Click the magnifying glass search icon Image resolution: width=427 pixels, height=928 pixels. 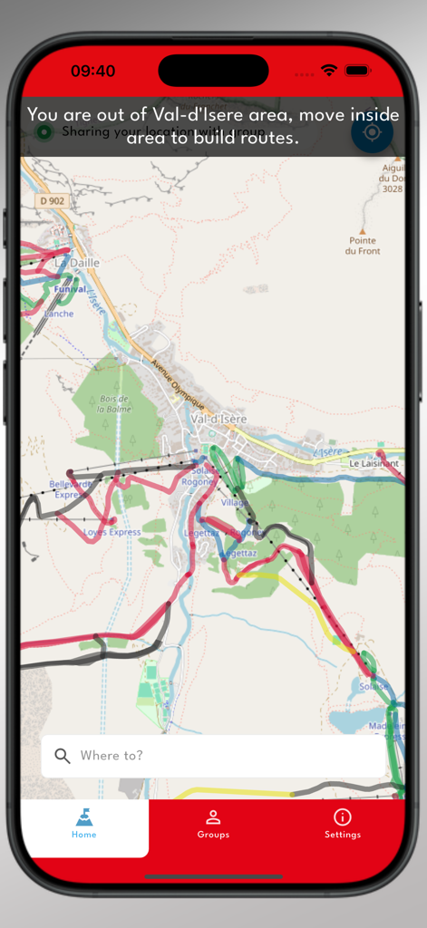click(x=63, y=756)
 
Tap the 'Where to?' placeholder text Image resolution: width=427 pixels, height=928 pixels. click(x=112, y=756)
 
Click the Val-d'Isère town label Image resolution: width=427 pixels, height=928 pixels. click(x=218, y=419)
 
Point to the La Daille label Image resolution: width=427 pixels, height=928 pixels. click(x=77, y=263)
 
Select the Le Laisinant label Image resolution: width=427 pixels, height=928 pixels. click(x=374, y=463)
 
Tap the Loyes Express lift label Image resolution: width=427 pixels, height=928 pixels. click(x=112, y=532)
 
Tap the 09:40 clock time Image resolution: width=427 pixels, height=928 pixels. click(x=92, y=71)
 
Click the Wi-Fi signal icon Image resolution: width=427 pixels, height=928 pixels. click(x=329, y=71)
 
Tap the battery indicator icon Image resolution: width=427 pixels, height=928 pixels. click(x=357, y=71)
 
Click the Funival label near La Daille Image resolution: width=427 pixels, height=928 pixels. click(x=69, y=289)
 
